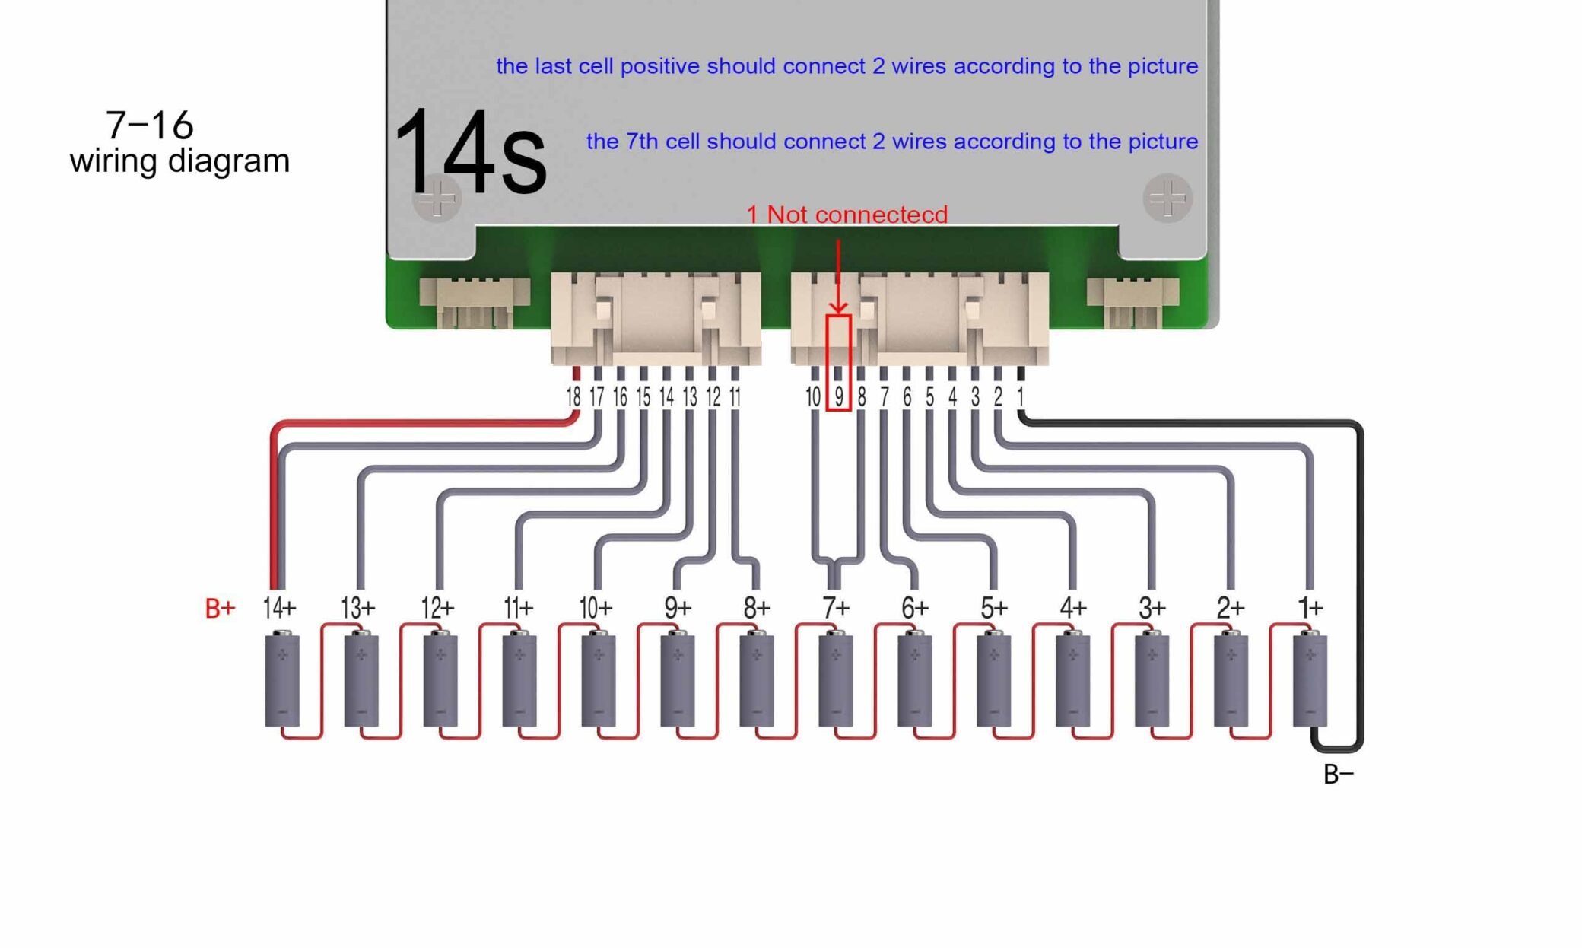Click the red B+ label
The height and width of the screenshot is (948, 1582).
click(220, 608)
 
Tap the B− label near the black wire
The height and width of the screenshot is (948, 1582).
click(1338, 775)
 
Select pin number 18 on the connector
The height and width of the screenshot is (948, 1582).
click(573, 396)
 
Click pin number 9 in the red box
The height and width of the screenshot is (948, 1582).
click(838, 396)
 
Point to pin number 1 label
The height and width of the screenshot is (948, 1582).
click(1021, 396)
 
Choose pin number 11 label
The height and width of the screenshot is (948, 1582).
click(735, 396)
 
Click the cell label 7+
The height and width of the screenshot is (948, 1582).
click(836, 608)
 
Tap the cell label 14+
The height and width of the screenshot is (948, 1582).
click(279, 608)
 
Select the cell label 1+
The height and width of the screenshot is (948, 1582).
click(1310, 608)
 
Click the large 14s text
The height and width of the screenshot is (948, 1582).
click(469, 152)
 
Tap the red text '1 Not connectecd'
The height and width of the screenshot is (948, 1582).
click(847, 215)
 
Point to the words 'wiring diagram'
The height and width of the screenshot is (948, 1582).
click(179, 161)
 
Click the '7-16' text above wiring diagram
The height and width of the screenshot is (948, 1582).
click(149, 125)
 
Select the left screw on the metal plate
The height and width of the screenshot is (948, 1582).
click(437, 199)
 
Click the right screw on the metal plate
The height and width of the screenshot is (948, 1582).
click(1167, 199)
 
